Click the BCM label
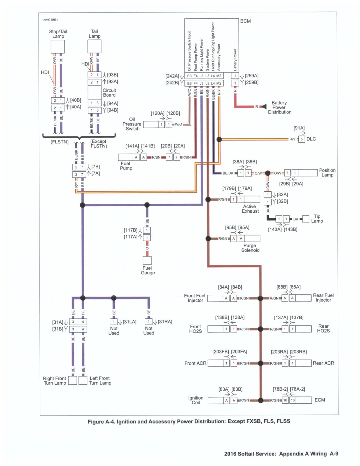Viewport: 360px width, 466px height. (245, 21)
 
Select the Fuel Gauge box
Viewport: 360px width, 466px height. (147, 260)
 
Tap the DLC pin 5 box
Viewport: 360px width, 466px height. (301, 139)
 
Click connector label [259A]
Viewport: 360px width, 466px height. (252, 76)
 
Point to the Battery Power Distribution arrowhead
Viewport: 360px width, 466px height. (264, 106)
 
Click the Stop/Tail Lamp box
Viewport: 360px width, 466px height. (58, 46)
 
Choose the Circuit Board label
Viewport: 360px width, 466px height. (109, 93)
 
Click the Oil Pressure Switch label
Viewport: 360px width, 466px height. (132, 124)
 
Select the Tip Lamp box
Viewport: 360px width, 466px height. (306, 219)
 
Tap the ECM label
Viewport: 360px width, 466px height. (319, 400)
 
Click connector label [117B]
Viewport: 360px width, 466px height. (130, 230)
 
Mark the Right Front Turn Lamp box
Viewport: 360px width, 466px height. (73, 380)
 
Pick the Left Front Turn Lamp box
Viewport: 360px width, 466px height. (83, 380)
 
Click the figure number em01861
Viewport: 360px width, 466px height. (51, 20)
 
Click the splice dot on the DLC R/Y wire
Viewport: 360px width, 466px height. (219, 140)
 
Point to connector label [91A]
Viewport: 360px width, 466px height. (299, 128)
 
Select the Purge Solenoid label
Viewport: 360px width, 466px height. (250, 248)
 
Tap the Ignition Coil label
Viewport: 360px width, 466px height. (196, 400)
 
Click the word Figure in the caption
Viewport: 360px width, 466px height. (95, 421)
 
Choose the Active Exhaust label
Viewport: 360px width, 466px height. (250, 209)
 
